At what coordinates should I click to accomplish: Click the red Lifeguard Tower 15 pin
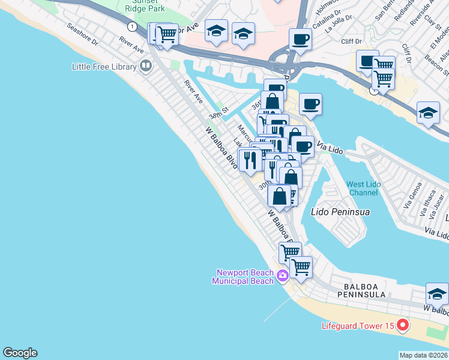click(x=402, y=326)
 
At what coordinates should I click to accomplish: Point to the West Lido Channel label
click(x=363, y=188)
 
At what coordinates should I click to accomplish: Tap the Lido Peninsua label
click(x=340, y=212)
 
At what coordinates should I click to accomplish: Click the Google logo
click(x=20, y=353)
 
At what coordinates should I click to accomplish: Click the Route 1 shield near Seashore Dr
click(x=130, y=26)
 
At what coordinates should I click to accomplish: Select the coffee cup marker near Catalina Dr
click(x=300, y=40)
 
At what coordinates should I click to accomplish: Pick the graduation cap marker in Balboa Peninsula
click(x=437, y=294)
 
